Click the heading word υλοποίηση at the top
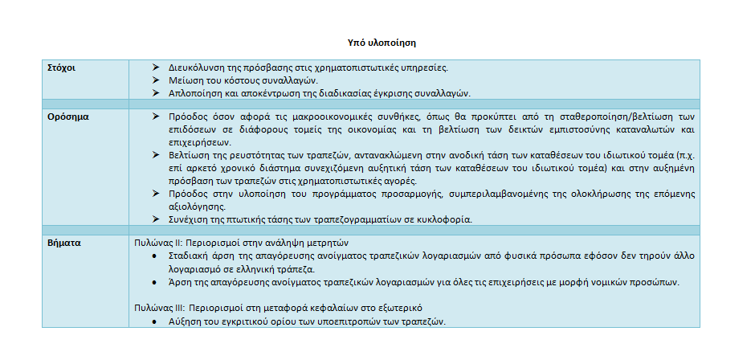coord(398,40)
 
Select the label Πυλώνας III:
coord(158,309)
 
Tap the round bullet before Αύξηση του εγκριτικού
coord(155,321)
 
